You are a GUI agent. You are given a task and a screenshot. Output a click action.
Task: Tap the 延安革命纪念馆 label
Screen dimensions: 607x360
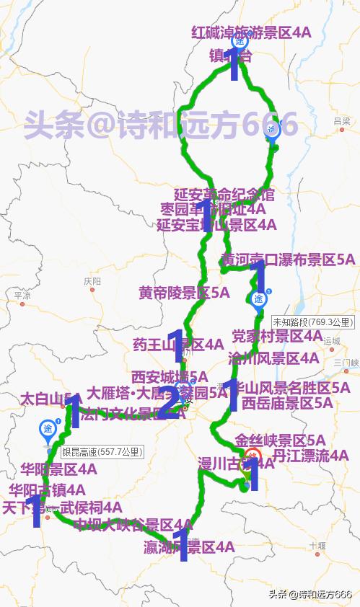pyautogui.click(x=224, y=195)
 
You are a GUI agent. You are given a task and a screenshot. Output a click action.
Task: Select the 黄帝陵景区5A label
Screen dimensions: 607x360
pyautogui.click(x=184, y=293)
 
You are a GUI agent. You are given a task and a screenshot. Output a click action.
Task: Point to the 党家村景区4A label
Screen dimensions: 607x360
pyautogui.click(x=277, y=336)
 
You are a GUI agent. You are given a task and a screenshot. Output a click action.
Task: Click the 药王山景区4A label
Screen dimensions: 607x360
pyautogui.click(x=178, y=345)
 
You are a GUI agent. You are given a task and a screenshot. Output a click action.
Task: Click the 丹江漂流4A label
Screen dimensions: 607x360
pyautogui.click(x=311, y=456)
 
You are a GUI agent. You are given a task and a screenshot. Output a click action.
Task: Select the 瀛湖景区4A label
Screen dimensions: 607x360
pyautogui.click(x=189, y=547)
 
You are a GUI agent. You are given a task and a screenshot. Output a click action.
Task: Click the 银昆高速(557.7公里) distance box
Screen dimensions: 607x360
pyautogui.click(x=102, y=453)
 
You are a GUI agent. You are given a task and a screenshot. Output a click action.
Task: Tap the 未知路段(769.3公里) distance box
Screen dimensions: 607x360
pyautogui.click(x=313, y=322)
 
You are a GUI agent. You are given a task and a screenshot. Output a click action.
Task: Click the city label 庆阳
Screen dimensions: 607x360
pyautogui.click(x=92, y=280)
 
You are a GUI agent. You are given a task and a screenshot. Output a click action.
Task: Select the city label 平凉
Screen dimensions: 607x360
pyautogui.click(x=22, y=296)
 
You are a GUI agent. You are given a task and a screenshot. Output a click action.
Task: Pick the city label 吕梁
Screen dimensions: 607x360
pyautogui.click(x=342, y=121)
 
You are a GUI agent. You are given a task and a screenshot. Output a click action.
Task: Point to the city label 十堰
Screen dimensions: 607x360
pyautogui.click(x=317, y=546)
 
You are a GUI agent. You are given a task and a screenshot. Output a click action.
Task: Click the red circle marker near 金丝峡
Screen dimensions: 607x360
pyautogui.click(x=252, y=456)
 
